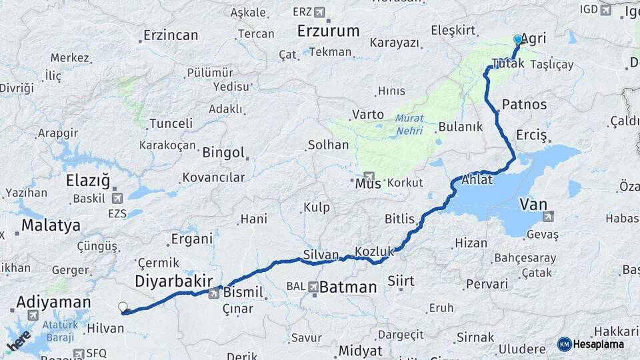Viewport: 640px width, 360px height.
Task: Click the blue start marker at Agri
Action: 518,39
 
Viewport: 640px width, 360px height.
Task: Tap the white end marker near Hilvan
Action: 123,307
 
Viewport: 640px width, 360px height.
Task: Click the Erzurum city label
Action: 329,31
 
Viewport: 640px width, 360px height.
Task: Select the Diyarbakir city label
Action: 173,281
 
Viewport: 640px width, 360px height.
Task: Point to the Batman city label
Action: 348,287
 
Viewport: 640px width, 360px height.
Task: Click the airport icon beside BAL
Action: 313,287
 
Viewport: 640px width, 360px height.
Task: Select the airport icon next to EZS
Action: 118,198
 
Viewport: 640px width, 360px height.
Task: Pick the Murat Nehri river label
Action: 409,124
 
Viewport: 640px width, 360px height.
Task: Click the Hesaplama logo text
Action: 598,344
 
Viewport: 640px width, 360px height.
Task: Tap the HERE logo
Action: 19,340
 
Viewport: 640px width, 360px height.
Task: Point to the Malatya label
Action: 51,225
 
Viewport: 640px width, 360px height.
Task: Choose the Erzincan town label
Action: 171,35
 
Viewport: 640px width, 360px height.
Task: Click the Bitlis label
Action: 399,219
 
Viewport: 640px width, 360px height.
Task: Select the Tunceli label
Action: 171,123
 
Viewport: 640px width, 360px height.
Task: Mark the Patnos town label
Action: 524,104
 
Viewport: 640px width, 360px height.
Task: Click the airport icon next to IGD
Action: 605,9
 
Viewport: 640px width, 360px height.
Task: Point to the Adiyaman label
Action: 53,302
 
